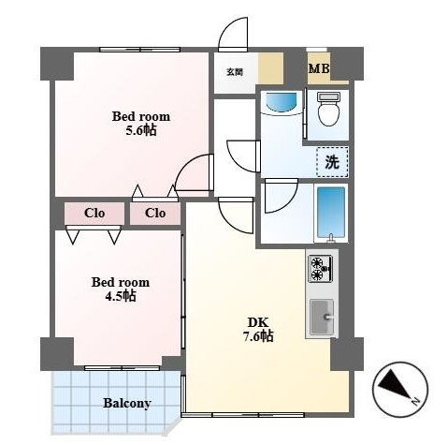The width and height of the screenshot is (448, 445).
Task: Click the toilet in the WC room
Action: (x=328, y=109)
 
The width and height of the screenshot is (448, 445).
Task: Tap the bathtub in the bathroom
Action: (x=331, y=215)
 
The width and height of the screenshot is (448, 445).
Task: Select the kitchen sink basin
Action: (x=322, y=317)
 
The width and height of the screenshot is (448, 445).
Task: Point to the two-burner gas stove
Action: (x=320, y=268)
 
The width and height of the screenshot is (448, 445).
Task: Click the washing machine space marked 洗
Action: (x=332, y=162)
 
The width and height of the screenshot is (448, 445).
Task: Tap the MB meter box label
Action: (x=319, y=68)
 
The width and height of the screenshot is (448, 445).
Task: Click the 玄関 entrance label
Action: (x=235, y=72)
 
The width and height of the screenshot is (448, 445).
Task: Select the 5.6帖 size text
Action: (x=141, y=130)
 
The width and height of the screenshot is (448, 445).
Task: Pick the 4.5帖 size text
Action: (x=121, y=296)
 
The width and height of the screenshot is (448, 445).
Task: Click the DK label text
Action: (x=258, y=322)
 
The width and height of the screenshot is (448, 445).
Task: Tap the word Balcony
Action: (x=127, y=403)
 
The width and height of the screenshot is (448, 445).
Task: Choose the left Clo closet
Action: (x=94, y=214)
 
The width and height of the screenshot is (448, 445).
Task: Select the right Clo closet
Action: (x=155, y=214)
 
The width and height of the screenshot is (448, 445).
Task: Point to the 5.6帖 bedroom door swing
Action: (x=195, y=172)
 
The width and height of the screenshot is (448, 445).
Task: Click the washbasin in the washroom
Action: (x=280, y=103)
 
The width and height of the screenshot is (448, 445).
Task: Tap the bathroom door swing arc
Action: (x=281, y=196)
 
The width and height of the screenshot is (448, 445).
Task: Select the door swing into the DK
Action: (x=236, y=215)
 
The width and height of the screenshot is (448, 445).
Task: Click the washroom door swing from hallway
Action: (x=243, y=156)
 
